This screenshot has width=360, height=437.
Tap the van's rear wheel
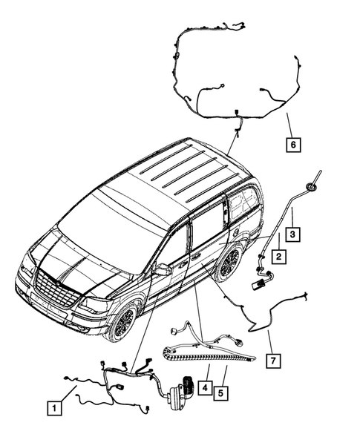click(229, 263)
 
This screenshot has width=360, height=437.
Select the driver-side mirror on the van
click(161, 270)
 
